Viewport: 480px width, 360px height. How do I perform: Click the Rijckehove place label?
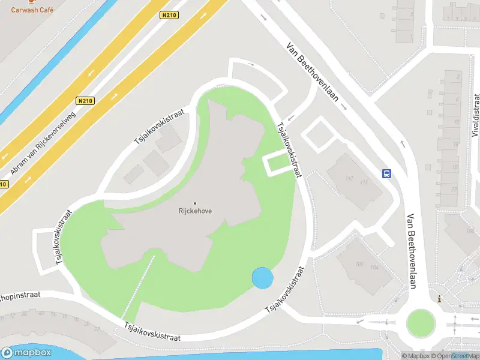click(195, 211)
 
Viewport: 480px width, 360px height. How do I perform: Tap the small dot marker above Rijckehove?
click(195, 203)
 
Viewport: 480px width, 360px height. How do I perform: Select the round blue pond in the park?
click(263, 278)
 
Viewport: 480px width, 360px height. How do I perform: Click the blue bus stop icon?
click(387, 174)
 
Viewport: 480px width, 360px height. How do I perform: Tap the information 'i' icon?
click(440, 299)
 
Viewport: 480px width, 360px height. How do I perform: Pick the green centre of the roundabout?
click(421, 323)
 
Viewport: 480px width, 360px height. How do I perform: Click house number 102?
click(360, 264)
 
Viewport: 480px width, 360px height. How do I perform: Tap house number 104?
click(375, 267)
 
